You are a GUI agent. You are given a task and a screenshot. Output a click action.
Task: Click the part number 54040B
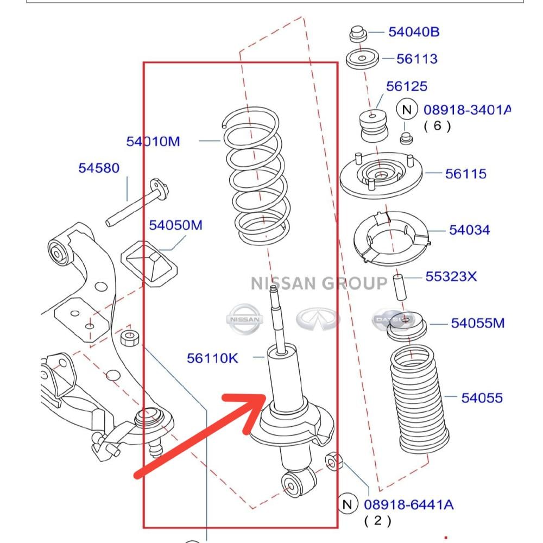[413, 32]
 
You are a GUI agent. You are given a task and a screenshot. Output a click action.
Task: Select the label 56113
[416, 59]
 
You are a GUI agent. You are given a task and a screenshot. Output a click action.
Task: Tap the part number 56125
[406, 86]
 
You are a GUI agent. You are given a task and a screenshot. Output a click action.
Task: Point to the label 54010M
[153, 142]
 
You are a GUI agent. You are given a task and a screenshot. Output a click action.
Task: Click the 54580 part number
[99, 168]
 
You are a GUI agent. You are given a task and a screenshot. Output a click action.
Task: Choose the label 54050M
[175, 225]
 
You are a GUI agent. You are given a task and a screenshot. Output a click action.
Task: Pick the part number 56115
[465, 174]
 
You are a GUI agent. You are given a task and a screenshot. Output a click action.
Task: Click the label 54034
[469, 230]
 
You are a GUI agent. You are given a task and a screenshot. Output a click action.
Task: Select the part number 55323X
[451, 277]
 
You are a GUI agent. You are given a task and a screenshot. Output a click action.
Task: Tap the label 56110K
[212, 358]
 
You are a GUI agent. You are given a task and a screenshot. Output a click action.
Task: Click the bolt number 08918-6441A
[408, 504]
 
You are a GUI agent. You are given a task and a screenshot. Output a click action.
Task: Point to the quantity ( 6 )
[437, 126]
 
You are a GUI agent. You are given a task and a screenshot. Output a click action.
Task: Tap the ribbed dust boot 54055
[420, 399]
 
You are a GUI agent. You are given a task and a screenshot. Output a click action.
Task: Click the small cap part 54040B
[357, 34]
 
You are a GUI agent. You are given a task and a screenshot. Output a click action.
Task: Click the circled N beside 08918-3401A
[407, 109]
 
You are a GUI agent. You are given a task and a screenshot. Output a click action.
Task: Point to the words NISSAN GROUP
[319, 283]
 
